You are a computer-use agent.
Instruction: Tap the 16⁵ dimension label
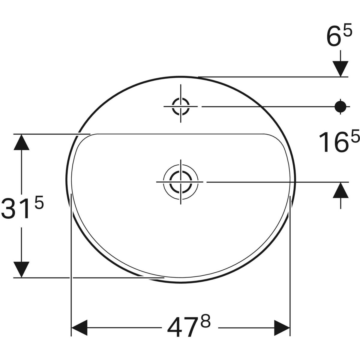coord(339,142)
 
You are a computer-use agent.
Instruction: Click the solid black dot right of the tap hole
coord(340,106)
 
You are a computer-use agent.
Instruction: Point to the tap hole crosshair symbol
coord(181,106)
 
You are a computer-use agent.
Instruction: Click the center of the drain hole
coord(181,182)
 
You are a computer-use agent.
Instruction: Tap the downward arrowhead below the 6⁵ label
coord(340,68)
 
